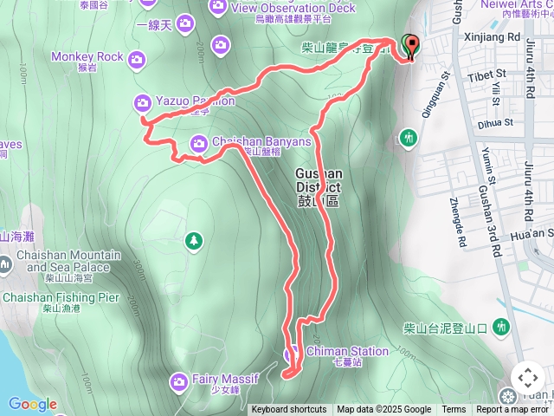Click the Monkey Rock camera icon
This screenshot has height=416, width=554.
137,59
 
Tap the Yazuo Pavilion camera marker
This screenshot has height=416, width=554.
143,102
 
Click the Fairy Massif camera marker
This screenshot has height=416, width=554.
179,380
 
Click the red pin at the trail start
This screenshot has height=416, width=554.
410,45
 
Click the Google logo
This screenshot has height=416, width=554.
33,404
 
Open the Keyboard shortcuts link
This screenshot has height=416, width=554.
289,410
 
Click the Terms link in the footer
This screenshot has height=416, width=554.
454,410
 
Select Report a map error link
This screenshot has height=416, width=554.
513,410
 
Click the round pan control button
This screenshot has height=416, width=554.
527,378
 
